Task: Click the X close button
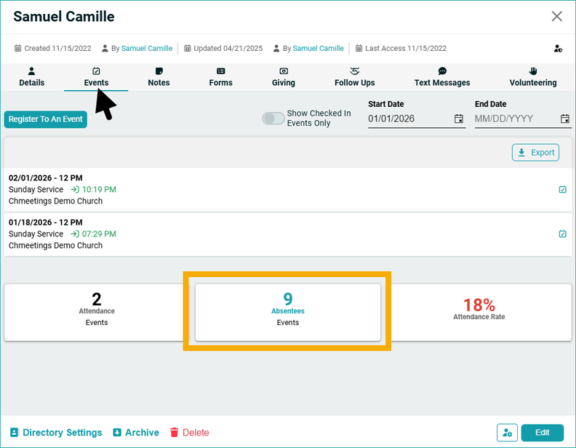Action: (557, 17)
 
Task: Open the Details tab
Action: (32, 77)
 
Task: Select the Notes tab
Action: (159, 77)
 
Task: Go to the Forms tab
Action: (221, 77)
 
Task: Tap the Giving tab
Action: (284, 77)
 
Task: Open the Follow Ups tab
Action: (355, 77)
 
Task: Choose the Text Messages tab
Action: (442, 77)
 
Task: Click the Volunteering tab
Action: (533, 77)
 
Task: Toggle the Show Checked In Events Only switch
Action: (273, 119)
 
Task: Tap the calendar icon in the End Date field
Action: (565, 119)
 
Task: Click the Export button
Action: (535, 153)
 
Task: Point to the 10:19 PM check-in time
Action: (99, 190)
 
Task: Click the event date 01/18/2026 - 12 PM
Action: (45, 222)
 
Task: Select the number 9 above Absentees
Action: (288, 298)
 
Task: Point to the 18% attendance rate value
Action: (479, 305)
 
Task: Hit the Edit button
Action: (543, 433)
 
